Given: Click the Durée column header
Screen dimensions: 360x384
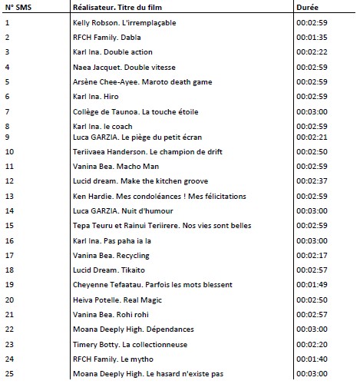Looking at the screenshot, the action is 307,7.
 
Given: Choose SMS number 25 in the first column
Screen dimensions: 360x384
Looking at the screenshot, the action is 8,374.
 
